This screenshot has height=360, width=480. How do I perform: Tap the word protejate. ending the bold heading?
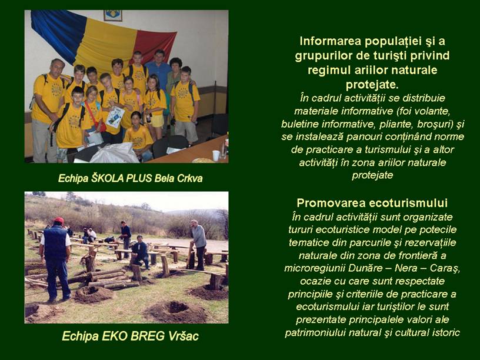[372, 85]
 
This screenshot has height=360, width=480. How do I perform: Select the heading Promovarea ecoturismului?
[372, 203]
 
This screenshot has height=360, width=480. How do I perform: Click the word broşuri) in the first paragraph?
[432, 124]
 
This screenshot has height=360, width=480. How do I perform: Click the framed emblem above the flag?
[113, 15]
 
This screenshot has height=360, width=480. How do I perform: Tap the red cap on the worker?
[58, 220]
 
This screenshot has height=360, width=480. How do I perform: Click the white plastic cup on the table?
[216, 155]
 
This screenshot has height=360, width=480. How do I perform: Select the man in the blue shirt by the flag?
[159, 69]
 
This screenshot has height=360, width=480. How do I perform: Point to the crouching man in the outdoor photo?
[141, 251]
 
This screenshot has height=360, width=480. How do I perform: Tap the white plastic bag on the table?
[115, 154]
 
